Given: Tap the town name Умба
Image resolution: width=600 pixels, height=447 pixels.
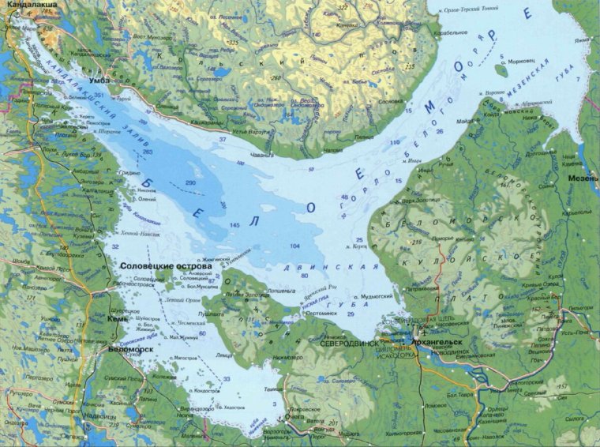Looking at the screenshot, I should click(103, 80).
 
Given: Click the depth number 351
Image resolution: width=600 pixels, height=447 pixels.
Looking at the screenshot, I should click(99, 96).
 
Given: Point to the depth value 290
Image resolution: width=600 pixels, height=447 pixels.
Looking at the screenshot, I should click(189, 182).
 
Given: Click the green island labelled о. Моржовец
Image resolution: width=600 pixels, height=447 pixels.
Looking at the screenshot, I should click(500, 69).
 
